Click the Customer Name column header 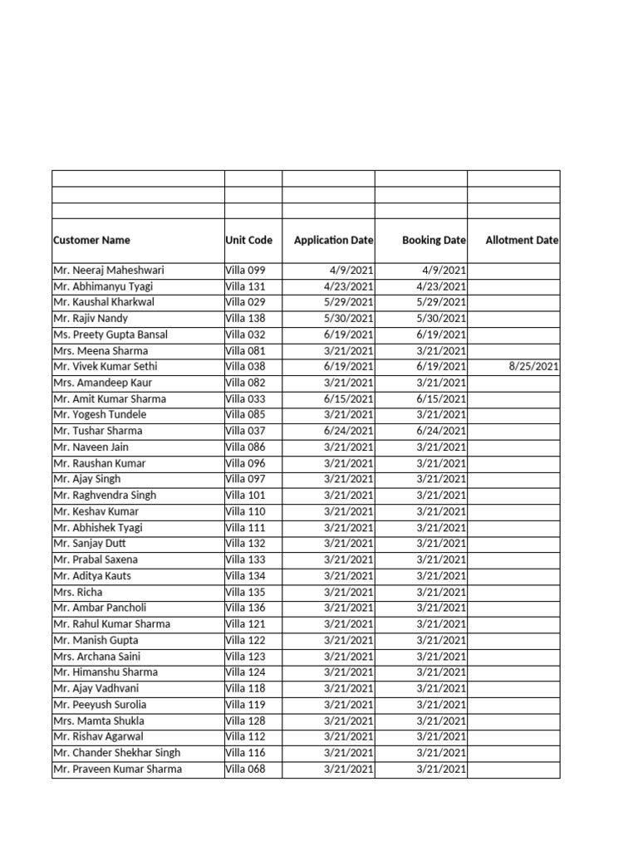pos(91,240)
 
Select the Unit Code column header pos(248,240)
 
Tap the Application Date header pos(333,240)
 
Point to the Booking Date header pos(434,240)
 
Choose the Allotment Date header pos(523,240)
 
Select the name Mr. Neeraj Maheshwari pos(108,271)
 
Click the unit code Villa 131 pos(245,286)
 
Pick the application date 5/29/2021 pos(349,302)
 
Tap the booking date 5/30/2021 pos(441,319)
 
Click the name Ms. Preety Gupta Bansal pos(110,335)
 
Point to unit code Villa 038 pos(245,367)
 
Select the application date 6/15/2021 pos(349,399)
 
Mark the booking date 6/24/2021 pos(441,431)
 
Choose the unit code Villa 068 pos(245,769)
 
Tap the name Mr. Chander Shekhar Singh pos(116,753)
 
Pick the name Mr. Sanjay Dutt pos(90,544)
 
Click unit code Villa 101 pos(245,496)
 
